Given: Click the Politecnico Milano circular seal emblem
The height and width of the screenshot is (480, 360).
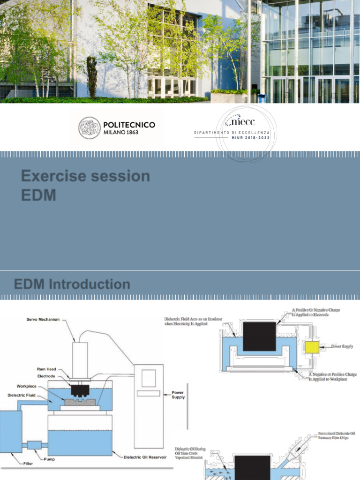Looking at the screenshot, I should coord(89,128).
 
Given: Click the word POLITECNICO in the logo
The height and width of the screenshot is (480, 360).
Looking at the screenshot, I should coord(129,125).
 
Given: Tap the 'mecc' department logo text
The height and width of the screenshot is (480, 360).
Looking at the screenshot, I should coord(240,123).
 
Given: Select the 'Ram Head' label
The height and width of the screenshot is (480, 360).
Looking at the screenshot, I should coord(46,369).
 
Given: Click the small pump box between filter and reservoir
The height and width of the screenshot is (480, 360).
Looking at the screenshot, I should coord(34,444).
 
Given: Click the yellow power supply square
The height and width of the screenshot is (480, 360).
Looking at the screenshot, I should coord(312,347).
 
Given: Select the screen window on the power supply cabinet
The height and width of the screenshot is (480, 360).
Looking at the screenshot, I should coord(149,378).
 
